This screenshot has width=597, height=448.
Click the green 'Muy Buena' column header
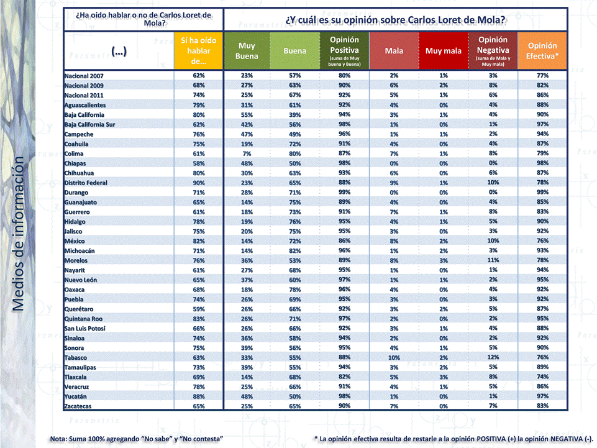point(247,50)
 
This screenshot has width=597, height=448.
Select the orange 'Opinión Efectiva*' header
point(542,50)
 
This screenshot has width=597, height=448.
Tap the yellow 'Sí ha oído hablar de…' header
point(199,50)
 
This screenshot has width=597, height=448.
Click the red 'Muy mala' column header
point(444,51)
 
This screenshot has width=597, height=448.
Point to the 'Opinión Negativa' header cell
point(493,50)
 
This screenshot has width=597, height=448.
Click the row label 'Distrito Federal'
point(86,183)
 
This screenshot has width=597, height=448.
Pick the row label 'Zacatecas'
point(78,406)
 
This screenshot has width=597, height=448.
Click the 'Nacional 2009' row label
point(84,85)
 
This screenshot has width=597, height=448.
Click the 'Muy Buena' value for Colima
point(247,153)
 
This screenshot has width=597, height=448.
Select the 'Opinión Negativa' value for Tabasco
point(493,357)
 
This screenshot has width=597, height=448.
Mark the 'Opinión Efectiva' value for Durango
point(542,193)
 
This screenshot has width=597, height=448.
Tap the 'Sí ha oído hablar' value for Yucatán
point(199,396)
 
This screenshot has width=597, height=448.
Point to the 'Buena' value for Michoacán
point(295,250)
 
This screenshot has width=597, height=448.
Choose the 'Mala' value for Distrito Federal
point(394,183)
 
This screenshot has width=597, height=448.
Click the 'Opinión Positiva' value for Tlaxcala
point(344,377)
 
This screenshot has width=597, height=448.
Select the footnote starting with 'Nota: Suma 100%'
point(136,439)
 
